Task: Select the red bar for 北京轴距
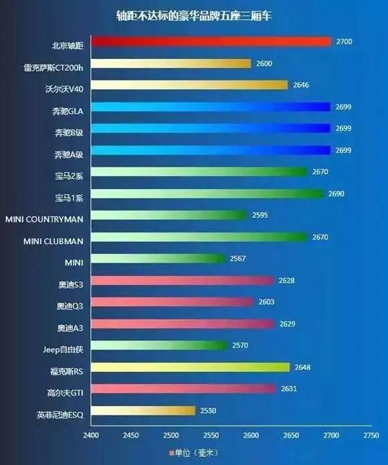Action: click(x=211, y=42)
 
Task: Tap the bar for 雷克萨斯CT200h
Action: click(x=171, y=64)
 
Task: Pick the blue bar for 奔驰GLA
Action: click(x=211, y=107)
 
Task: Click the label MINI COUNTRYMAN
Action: click(x=44, y=216)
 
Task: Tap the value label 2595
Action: click(x=260, y=216)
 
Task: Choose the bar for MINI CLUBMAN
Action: click(x=199, y=237)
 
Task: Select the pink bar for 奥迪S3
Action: click(x=183, y=281)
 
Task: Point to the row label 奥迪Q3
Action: click(x=70, y=302)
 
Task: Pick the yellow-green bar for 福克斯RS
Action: click(x=191, y=367)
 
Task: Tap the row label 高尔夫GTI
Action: click(x=66, y=389)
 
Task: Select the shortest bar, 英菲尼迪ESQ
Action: click(x=143, y=411)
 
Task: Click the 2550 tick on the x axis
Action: click(x=211, y=435)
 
